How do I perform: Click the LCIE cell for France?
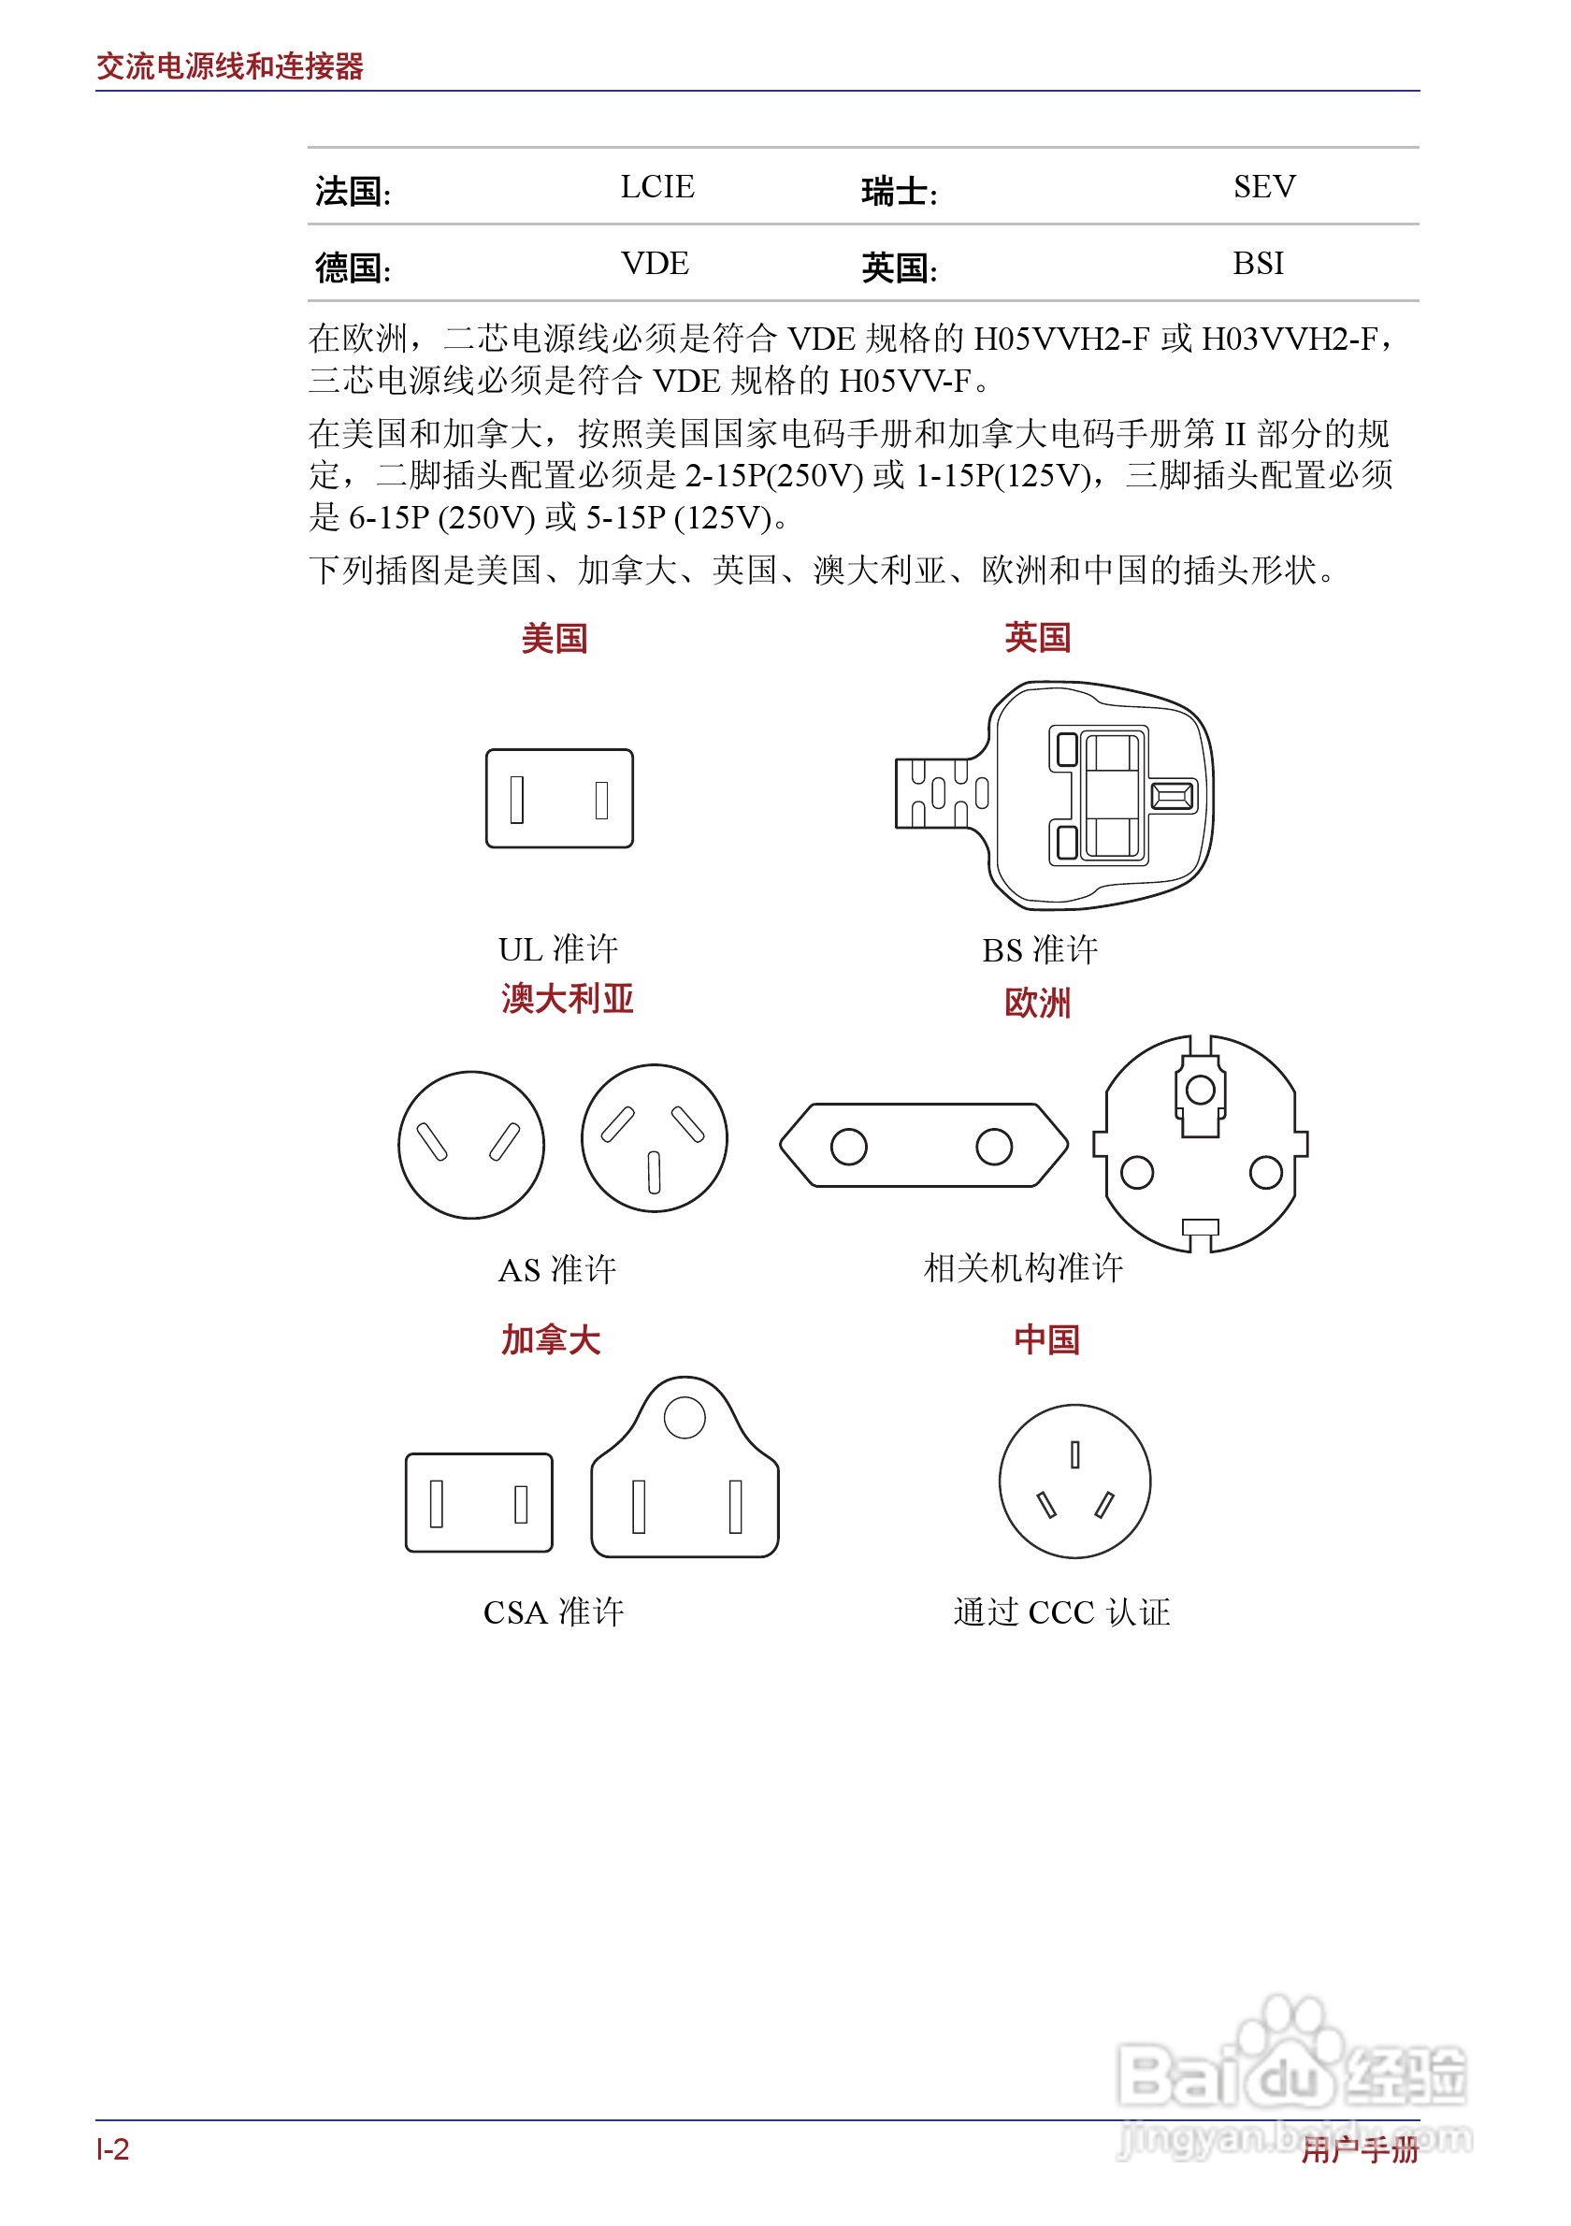657,186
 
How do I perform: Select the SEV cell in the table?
1263,186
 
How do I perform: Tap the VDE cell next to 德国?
656,264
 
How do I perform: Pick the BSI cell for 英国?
1258,264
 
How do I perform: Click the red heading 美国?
555,639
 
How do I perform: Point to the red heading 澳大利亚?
567,1000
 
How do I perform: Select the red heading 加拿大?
551,1340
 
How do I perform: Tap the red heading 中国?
1046,1340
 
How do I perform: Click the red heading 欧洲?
1037,1004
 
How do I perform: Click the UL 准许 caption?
558,949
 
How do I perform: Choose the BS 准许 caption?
1040,950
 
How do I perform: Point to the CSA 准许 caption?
554,1612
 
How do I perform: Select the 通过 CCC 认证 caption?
1061,1612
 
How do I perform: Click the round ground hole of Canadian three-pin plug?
685,1417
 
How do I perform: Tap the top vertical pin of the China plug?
1074,1454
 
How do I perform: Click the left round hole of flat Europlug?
848,1147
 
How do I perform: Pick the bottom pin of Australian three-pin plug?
655,1172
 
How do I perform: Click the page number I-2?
112,2150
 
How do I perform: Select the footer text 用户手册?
1359,2150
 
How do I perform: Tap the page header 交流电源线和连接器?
230,65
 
